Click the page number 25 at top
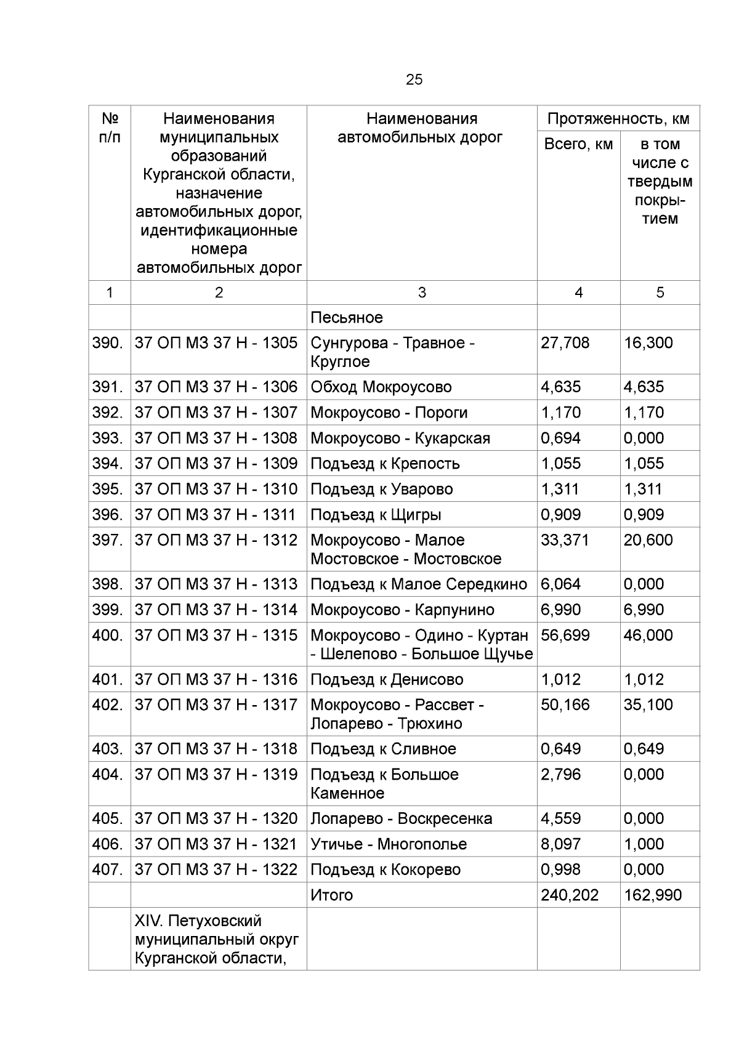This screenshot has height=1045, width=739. [414, 79]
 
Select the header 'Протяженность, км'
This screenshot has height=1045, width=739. [618, 118]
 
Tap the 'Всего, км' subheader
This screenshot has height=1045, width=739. [578, 144]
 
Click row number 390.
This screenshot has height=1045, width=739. [108, 343]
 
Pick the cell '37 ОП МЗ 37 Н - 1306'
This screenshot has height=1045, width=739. [216, 387]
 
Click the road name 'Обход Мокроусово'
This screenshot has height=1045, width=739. [381, 387]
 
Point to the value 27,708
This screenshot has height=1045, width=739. [565, 343]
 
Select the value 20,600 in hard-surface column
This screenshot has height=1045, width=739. [648, 540]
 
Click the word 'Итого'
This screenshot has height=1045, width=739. [332, 895]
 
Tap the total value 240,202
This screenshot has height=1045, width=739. [570, 895]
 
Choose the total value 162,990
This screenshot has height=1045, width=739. [653, 895]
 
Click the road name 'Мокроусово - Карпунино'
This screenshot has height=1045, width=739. [402, 610]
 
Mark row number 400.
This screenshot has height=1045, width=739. [108, 635]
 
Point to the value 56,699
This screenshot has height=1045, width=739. [565, 635]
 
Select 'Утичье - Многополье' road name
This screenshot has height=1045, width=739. [389, 844]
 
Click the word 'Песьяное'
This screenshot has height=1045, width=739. [347, 318]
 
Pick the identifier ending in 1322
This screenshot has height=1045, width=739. [216, 869]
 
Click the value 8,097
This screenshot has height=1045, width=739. [560, 844]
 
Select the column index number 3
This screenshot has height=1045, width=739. [422, 293]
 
